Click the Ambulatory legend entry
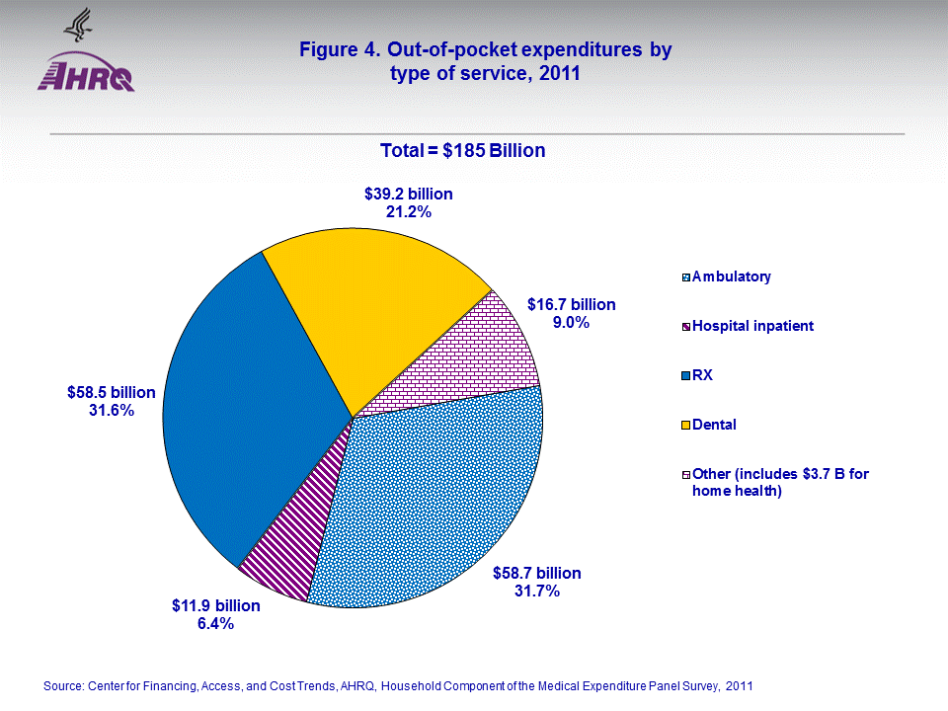point(731,276)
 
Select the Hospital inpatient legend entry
point(751,326)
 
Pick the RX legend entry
point(702,375)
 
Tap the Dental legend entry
point(714,425)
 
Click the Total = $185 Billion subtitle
point(463,150)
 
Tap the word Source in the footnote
point(63,684)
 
